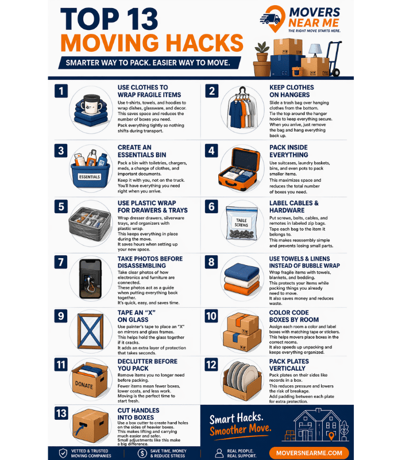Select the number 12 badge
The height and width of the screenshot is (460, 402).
(x=211, y=365)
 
